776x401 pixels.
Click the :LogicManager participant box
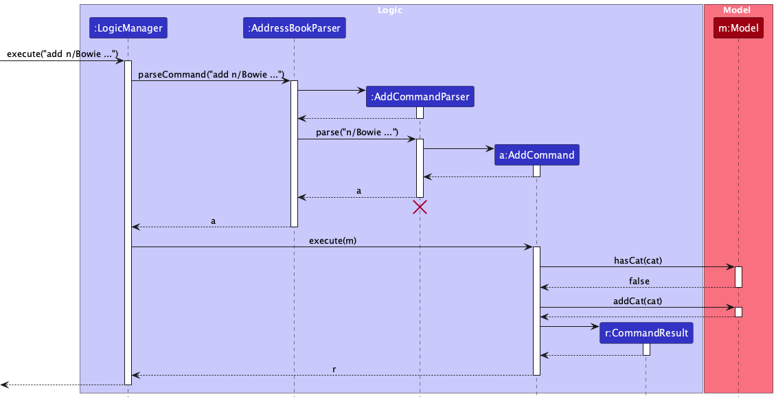coord(128,28)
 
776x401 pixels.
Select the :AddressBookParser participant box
coord(294,28)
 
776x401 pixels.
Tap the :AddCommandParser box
coord(420,97)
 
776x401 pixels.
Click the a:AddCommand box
coord(536,155)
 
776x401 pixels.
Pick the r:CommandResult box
coord(646,334)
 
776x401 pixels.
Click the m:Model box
coord(738,28)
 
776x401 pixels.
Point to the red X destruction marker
coord(420,207)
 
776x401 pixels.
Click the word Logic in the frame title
coord(390,10)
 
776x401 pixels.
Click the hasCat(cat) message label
coord(638,261)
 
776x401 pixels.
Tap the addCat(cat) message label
coord(638,301)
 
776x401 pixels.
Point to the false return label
coord(639,281)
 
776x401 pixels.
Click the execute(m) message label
coord(332,240)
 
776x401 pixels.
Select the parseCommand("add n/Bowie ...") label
coord(211,75)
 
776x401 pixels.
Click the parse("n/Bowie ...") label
coord(357,133)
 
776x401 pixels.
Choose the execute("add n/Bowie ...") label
coord(62,54)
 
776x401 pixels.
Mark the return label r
coord(334,369)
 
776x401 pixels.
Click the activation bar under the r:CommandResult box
coord(646,349)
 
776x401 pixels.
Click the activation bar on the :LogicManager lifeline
coord(128,220)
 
